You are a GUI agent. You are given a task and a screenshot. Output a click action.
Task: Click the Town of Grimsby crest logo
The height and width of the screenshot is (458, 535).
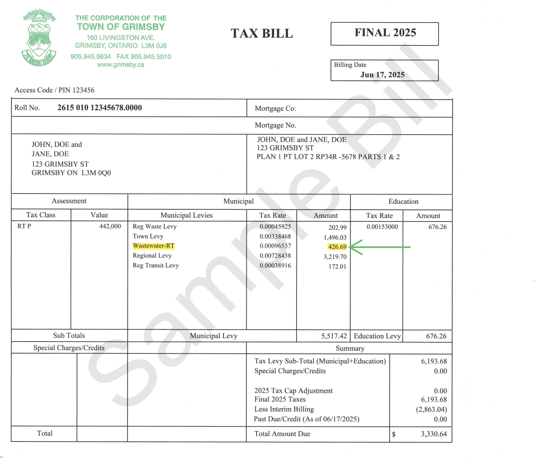39,38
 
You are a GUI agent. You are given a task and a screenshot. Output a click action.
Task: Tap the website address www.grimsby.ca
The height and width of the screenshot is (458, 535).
121,65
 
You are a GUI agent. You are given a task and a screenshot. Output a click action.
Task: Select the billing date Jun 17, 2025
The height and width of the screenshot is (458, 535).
382,75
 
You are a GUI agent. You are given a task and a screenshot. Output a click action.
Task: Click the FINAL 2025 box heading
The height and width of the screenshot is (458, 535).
385,33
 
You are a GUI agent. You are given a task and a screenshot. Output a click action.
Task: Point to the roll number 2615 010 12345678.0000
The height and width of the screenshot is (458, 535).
99,108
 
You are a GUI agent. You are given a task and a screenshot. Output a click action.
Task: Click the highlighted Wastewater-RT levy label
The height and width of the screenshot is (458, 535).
154,246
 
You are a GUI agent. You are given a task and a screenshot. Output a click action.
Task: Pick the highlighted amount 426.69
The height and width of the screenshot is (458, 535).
337,247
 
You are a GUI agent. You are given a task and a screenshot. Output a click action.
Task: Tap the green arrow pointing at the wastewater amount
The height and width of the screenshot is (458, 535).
379,247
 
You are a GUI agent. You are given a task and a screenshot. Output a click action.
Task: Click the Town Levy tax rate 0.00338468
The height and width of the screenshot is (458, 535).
275,237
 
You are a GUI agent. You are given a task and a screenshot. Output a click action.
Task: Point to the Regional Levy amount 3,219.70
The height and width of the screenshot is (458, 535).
335,257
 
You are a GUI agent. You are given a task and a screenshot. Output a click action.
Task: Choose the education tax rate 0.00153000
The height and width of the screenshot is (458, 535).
382,227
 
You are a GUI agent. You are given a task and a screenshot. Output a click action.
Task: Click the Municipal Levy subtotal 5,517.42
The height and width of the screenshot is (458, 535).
334,336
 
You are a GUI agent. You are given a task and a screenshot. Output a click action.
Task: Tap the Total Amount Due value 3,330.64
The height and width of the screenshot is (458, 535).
434,434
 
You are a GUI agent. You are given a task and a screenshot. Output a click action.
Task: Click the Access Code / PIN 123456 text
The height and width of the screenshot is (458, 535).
54,90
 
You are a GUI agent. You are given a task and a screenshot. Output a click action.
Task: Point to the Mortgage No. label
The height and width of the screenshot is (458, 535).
275,125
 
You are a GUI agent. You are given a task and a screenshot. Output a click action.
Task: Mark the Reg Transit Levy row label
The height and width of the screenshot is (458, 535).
156,265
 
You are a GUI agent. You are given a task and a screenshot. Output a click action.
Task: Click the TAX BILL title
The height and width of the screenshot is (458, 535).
262,34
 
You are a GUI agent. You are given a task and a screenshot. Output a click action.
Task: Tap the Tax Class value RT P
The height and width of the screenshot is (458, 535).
24,226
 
